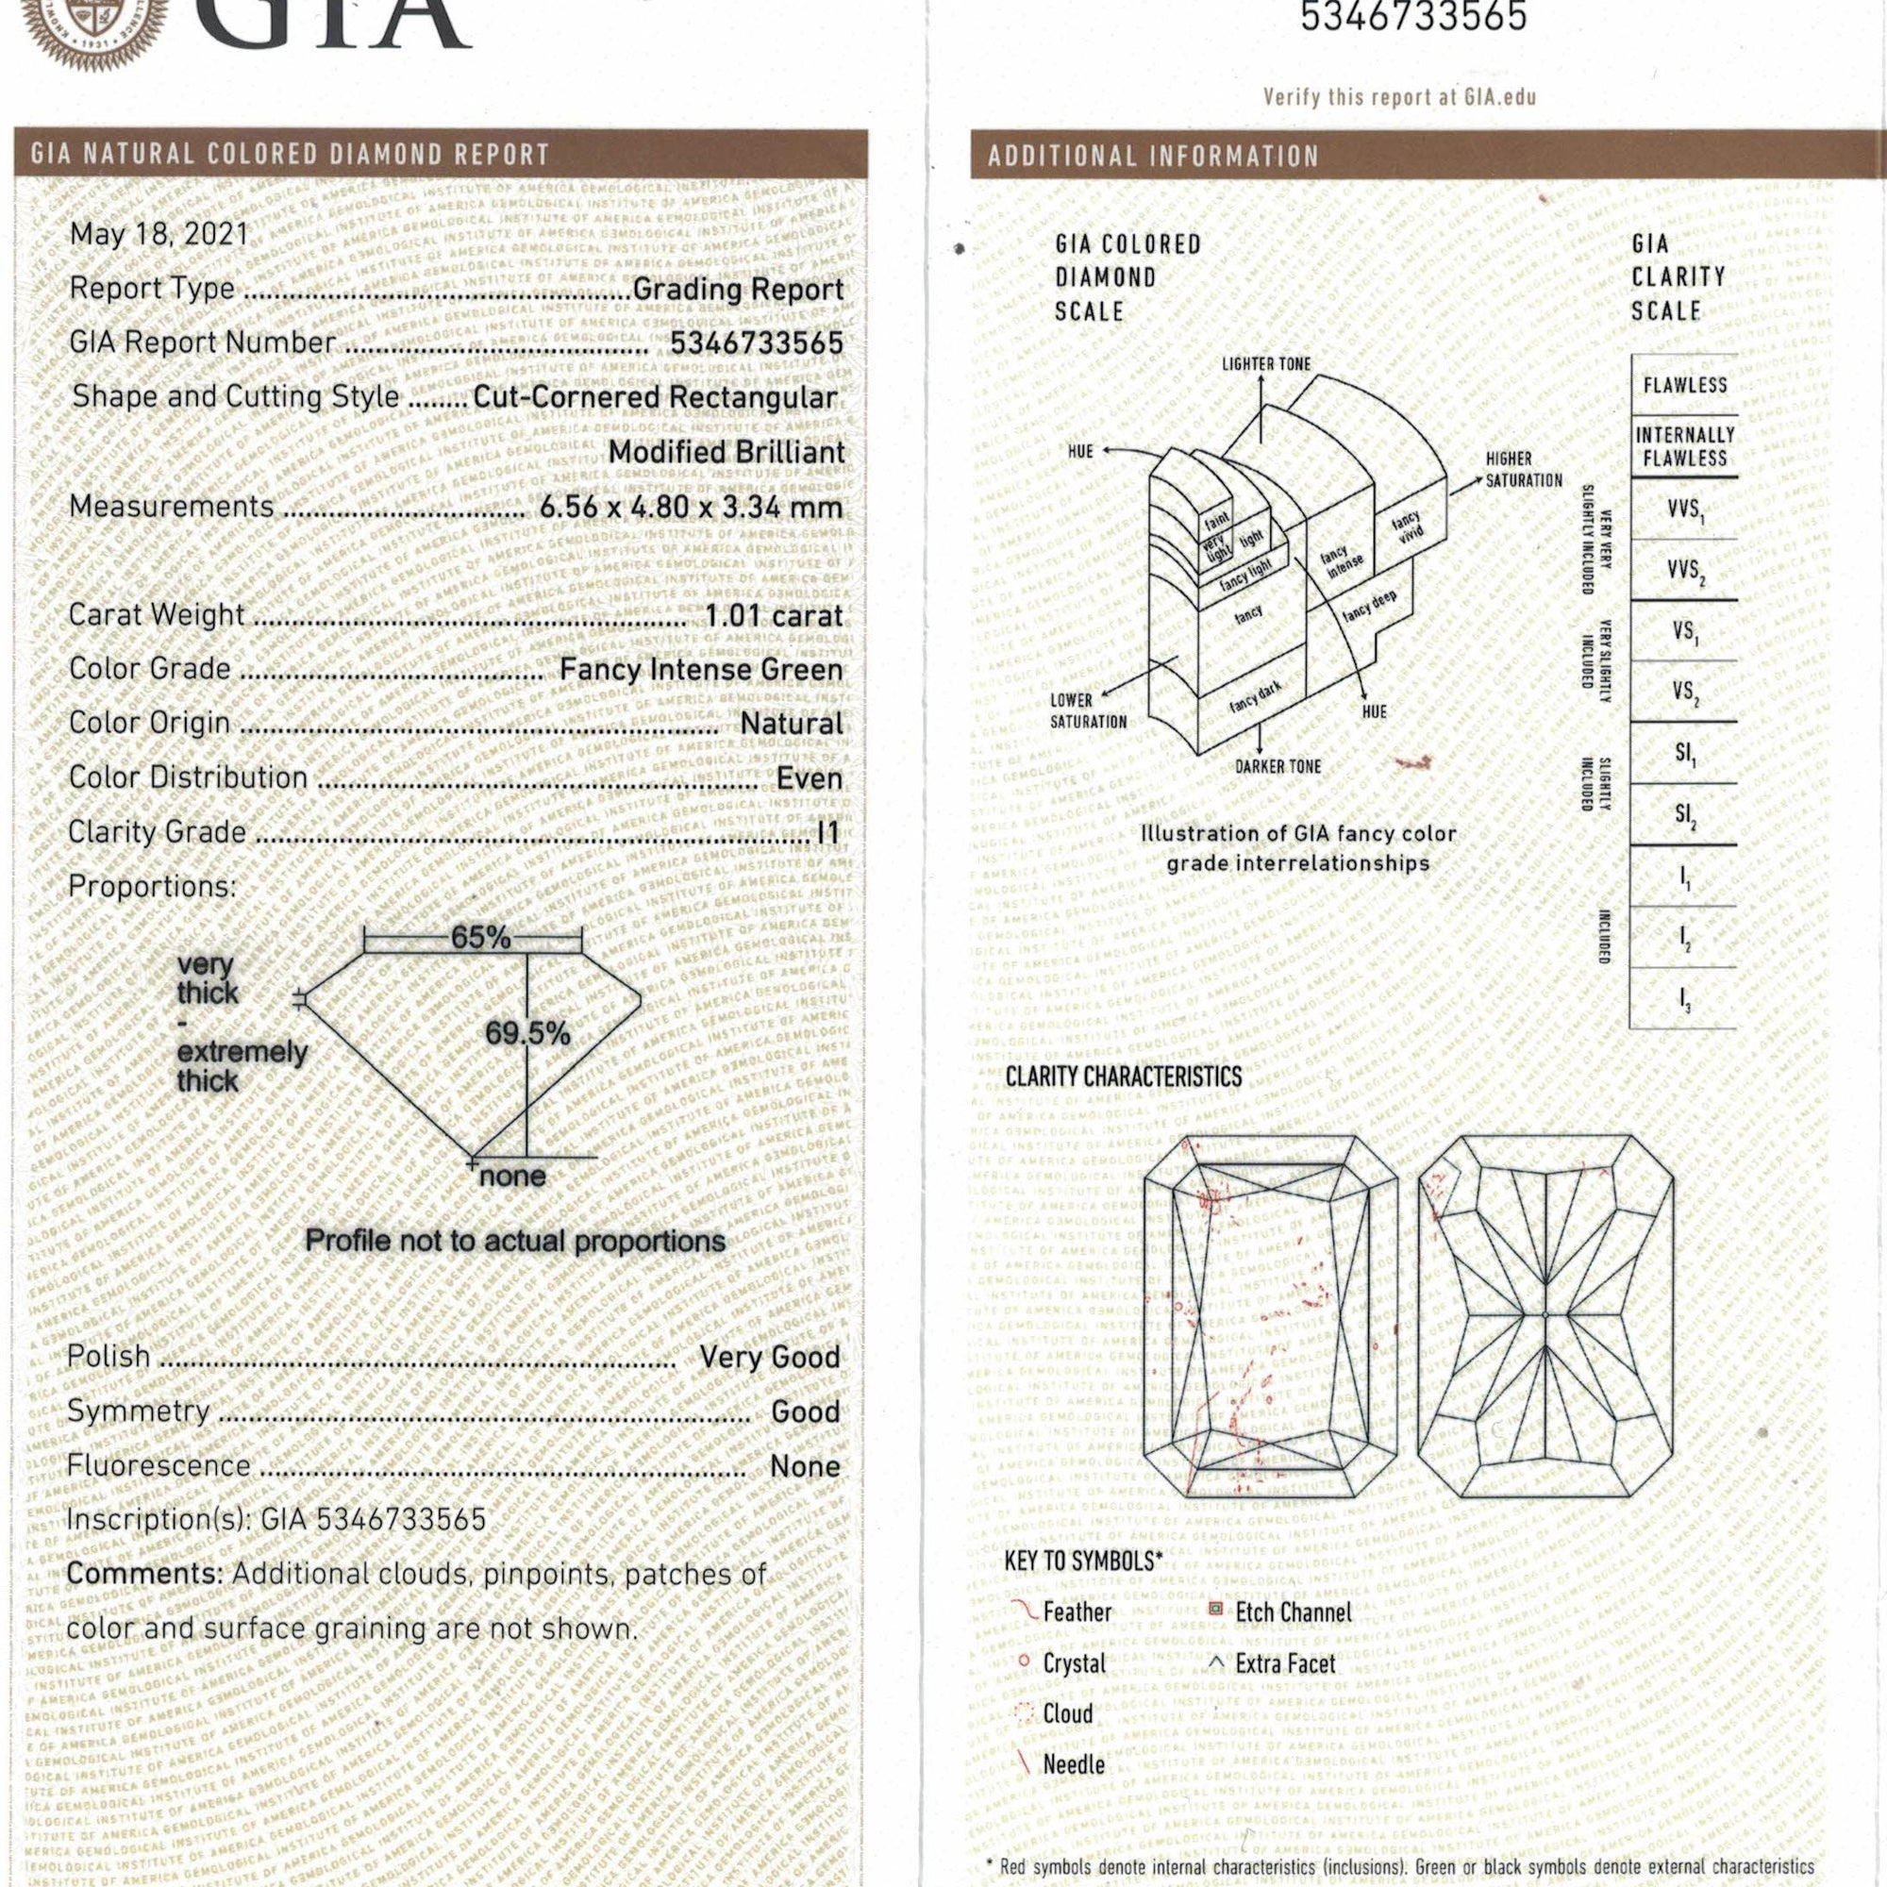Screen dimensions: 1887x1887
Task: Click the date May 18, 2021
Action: [159, 235]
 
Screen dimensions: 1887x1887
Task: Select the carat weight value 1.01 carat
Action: [774, 616]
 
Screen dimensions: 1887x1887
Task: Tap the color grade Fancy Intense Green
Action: [700, 670]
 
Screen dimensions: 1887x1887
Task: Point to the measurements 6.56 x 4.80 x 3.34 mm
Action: [691, 508]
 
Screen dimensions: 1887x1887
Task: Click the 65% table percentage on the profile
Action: [479, 938]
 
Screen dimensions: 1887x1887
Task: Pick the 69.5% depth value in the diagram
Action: [527, 1033]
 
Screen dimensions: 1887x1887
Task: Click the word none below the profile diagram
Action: [511, 1176]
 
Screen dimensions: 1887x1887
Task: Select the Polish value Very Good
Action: [770, 1357]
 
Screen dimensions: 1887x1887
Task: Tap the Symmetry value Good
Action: [805, 1411]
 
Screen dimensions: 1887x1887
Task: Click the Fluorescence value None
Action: [805, 1466]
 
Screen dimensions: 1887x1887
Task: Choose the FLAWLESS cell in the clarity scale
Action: [1685, 385]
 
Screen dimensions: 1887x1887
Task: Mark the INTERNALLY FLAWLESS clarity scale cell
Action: [1685, 446]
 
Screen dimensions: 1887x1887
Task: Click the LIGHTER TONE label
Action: [1266, 364]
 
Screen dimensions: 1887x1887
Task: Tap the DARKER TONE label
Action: [1277, 767]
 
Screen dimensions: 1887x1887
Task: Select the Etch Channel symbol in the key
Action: [1216, 1609]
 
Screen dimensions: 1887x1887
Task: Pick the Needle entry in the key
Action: [1074, 1764]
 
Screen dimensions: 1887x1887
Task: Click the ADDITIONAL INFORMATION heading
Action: [1153, 157]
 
